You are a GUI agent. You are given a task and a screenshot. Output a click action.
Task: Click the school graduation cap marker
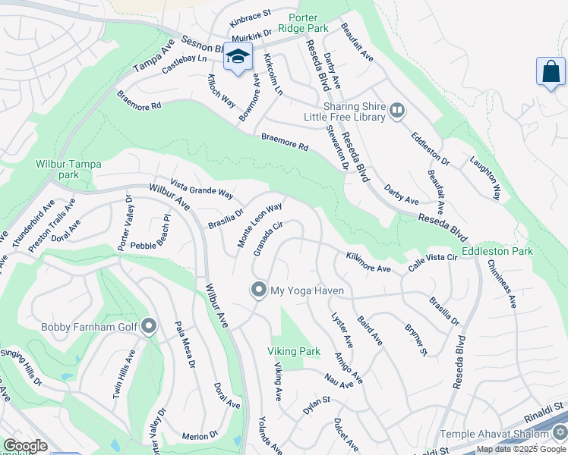click(x=238, y=58)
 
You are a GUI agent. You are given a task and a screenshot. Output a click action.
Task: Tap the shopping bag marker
click(x=551, y=72)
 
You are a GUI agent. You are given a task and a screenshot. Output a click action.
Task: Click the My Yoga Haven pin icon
click(x=259, y=290)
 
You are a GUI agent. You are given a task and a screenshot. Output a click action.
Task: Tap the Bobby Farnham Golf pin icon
click(x=149, y=327)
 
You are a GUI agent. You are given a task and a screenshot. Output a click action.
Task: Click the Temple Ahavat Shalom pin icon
click(x=559, y=434)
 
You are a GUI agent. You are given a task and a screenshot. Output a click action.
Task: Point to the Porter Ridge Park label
click(x=308, y=22)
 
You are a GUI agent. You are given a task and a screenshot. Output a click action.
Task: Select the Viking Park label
click(x=293, y=352)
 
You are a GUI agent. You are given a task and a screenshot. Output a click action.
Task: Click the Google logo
click(x=25, y=446)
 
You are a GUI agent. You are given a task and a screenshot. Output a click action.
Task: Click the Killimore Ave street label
click(x=368, y=263)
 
